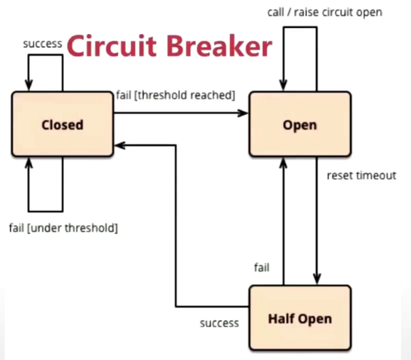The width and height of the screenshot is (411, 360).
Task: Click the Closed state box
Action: pyautogui.click(x=62, y=125)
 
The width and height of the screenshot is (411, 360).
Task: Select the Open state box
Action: pyautogui.click(x=300, y=125)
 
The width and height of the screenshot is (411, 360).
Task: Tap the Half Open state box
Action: pyautogui.click(x=300, y=318)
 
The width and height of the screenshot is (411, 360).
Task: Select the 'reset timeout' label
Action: pyautogui.click(x=361, y=176)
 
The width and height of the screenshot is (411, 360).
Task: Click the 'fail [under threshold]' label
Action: pyautogui.click(x=63, y=227)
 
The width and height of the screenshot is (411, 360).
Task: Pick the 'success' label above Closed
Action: pyautogui.click(x=41, y=44)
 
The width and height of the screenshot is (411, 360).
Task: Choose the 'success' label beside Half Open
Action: pyautogui.click(x=219, y=323)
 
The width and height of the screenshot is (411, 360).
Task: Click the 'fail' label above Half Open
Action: pyautogui.click(x=261, y=267)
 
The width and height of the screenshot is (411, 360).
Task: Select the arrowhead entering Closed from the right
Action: pyautogui.click(x=119, y=145)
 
